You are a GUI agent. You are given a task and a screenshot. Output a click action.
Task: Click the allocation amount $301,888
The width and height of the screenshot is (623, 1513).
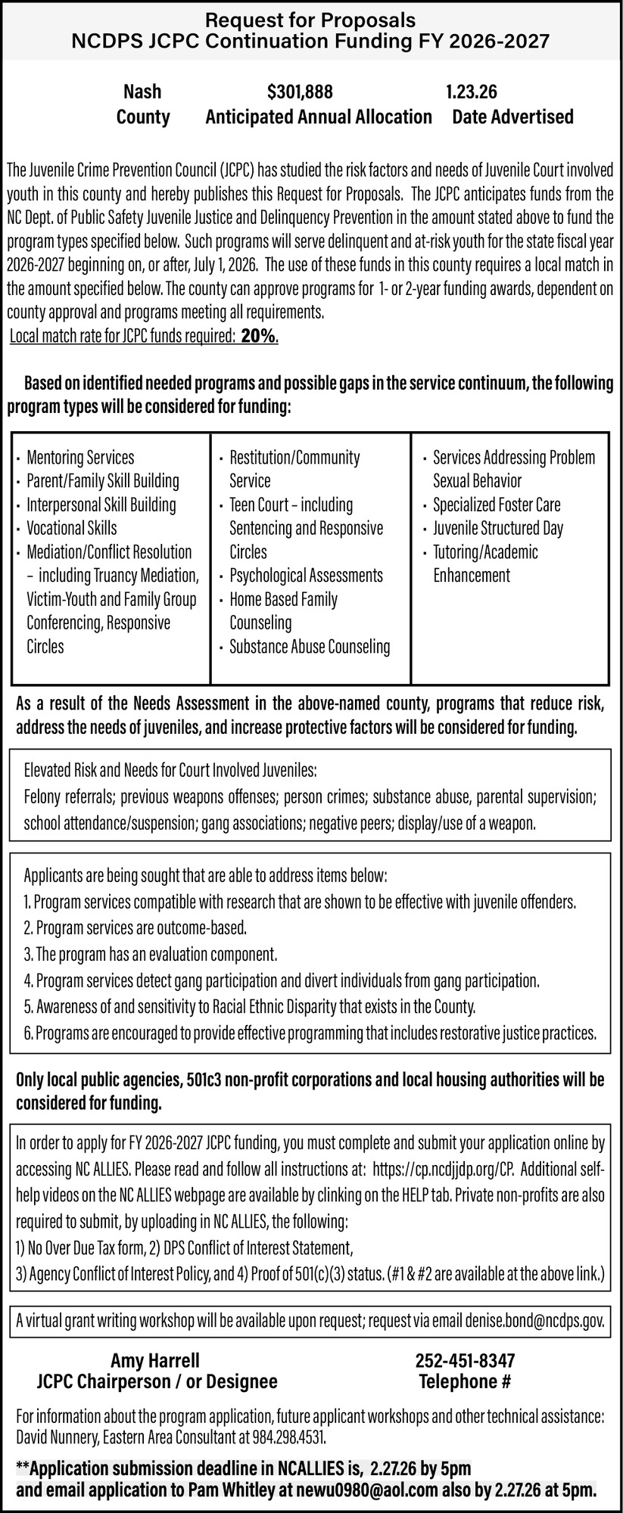[x=300, y=92]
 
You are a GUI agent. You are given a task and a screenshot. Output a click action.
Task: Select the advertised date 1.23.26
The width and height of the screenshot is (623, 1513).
[x=471, y=92]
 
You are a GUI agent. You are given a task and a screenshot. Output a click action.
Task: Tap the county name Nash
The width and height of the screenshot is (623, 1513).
[x=142, y=92]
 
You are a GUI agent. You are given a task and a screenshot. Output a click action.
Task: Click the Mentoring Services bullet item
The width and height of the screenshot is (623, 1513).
[x=80, y=458]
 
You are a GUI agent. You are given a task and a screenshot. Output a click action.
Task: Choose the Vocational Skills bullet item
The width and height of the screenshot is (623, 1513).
[x=72, y=528]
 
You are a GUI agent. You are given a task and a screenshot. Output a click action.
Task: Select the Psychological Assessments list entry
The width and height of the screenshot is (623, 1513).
[x=307, y=576]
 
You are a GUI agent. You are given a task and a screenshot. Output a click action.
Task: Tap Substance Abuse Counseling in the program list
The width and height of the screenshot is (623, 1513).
[x=310, y=647]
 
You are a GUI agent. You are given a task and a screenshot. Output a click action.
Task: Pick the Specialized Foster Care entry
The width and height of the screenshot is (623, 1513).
[x=497, y=505]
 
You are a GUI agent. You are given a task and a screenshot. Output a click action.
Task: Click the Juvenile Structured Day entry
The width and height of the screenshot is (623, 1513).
[x=498, y=528]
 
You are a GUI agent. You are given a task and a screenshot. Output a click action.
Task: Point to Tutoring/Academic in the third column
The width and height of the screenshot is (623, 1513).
[x=485, y=552]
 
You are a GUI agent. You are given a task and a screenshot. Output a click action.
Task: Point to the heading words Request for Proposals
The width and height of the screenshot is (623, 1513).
[x=311, y=20]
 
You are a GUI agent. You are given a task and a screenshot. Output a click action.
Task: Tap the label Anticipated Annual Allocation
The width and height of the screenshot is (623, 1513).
[x=319, y=117]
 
